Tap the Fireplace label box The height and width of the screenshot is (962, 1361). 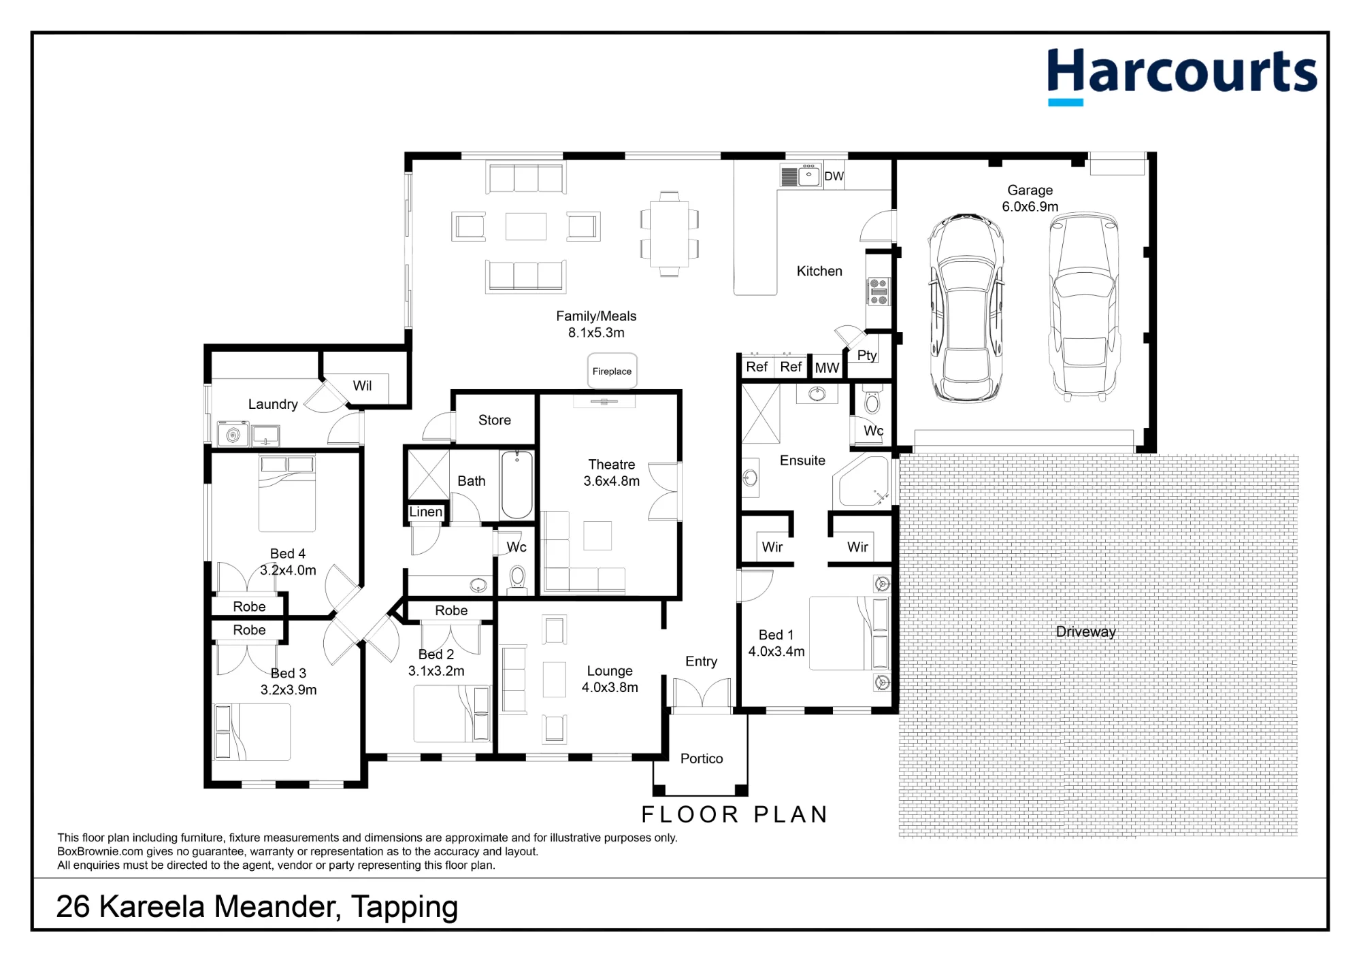point(612,371)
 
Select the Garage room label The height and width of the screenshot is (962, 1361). point(1030,190)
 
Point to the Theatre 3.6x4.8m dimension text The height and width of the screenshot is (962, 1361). point(611,481)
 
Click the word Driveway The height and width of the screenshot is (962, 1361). point(1085,631)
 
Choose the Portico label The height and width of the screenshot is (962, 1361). point(702,759)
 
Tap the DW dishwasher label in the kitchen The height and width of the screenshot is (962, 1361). point(834,176)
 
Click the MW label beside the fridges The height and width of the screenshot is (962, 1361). point(827,368)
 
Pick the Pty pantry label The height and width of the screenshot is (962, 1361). point(867,355)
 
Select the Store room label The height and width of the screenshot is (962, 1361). point(495,420)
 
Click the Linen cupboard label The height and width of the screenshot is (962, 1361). point(426,512)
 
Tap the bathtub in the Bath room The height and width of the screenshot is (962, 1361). point(517,485)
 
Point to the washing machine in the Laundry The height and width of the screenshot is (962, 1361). point(233,434)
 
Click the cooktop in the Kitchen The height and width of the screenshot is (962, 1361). point(878,291)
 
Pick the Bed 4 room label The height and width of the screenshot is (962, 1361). point(288,554)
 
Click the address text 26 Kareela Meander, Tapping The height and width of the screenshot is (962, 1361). point(257,907)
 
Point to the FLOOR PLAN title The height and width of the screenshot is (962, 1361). point(735,814)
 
